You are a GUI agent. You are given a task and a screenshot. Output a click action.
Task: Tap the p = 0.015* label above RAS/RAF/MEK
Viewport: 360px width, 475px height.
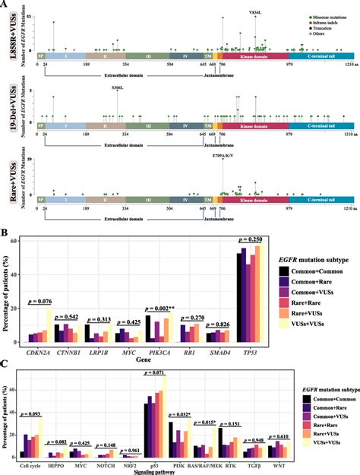[205, 423]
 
